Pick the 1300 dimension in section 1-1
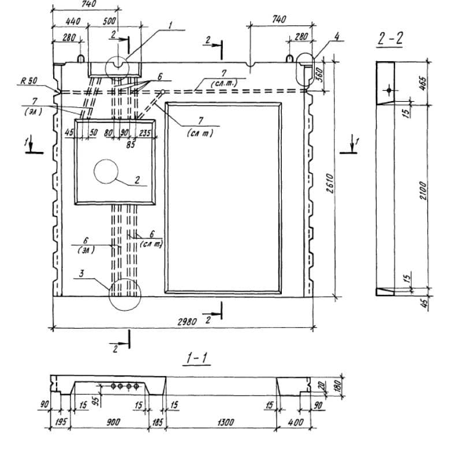click(x=226, y=422)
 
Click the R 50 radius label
click(x=27, y=82)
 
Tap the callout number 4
click(x=337, y=36)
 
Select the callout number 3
click(x=82, y=276)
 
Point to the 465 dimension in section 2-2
click(x=423, y=82)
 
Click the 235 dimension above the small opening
click(x=146, y=133)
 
